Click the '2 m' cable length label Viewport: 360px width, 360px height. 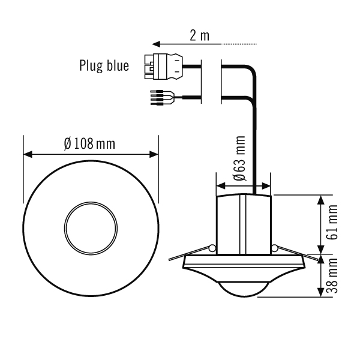pyautogui.click(x=199, y=35)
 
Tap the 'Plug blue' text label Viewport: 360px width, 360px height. pyautogui.click(x=104, y=65)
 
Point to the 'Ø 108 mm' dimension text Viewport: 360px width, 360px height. pyautogui.click(x=89, y=144)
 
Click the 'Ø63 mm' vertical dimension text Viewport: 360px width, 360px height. pyautogui.click(x=239, y=158)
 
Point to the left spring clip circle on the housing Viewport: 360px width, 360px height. pyautogui.click(x=211, y=248)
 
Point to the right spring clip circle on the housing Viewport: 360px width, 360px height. pyautogui.click(x=274, y=248)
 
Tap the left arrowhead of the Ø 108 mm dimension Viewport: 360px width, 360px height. pyautogui.click(x=27, y=154)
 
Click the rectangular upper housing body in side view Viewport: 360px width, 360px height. pyautogui.click(x=243, y=222)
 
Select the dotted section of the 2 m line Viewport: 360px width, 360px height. pyautogui.click(x=239, y=44)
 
